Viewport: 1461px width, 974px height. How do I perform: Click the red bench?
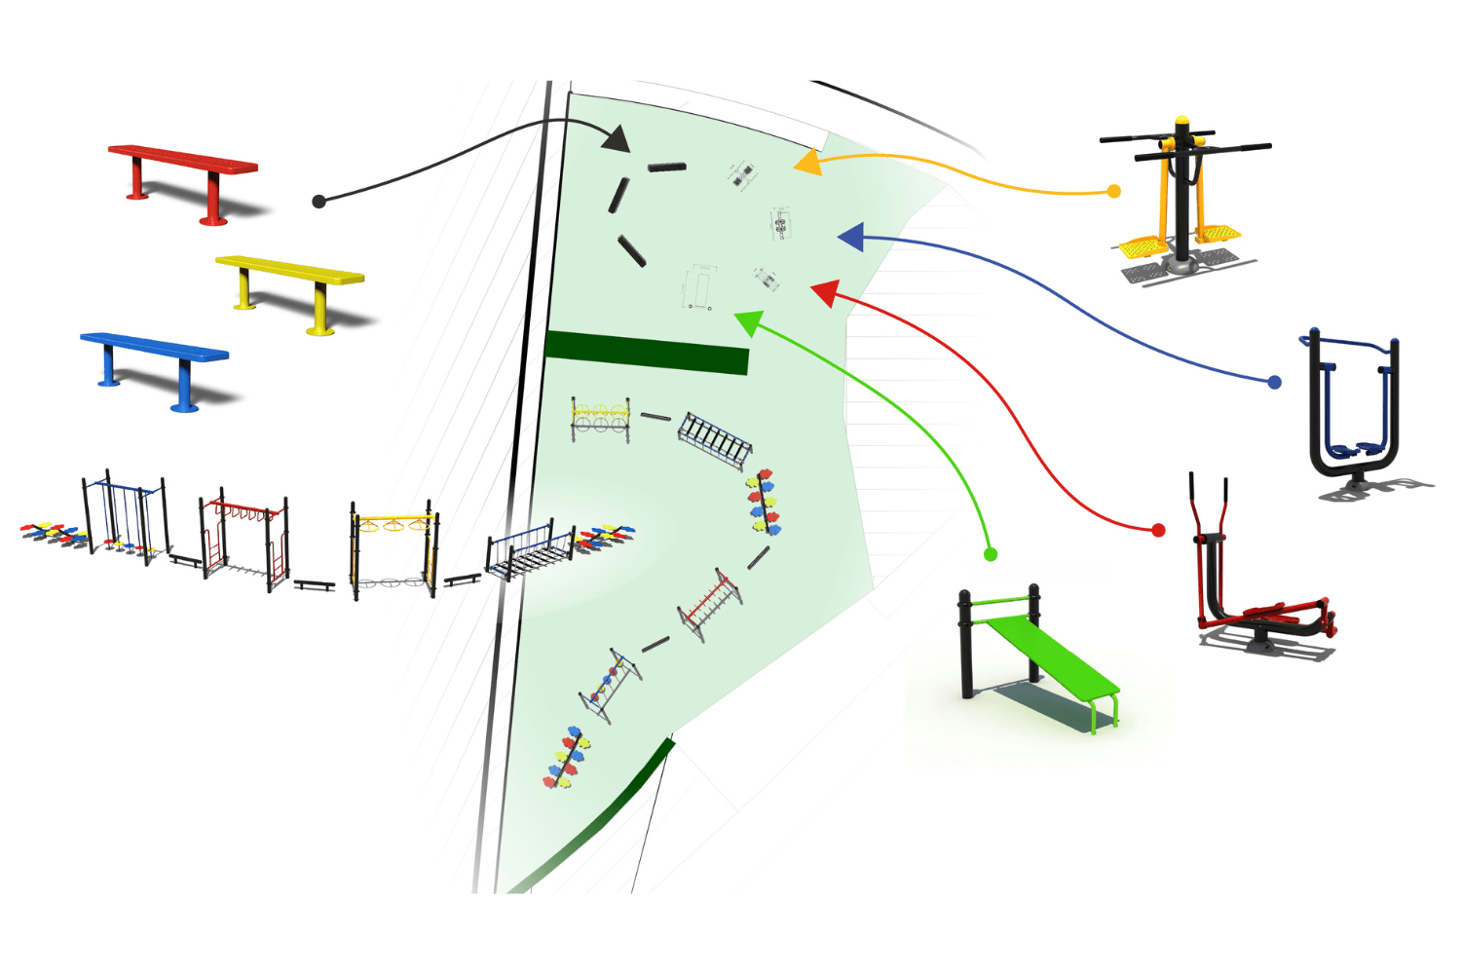pyautogui.click(x=183, y=161)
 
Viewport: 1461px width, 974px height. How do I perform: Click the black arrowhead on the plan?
pyautogui.click(x=616, y=138)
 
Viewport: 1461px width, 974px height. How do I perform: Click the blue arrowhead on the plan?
pyautogui.click(x=851, y=237)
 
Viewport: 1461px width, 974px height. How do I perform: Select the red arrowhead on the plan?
pyautogui.click(x=825, y=292)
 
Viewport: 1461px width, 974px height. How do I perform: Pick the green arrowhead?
pyautogui.click(x=748, y=321)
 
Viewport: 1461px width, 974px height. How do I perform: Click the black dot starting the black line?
pyautogui.click(x=318, y=202)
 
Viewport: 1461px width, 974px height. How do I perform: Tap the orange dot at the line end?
pyautogui.click(x=1114, y=192)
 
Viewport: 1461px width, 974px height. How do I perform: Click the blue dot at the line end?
pyautogui.click(x=1274, y=383)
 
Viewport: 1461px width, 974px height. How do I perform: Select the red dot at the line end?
pyautogui.click(x=1158, y=530)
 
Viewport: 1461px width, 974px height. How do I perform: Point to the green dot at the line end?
pyautogui.click(x=991, y=554)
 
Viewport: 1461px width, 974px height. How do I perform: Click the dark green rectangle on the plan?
pyautogui.click(x=647, y=352)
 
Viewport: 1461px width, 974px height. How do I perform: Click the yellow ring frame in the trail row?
pyautogui.click(x=393, y=545)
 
